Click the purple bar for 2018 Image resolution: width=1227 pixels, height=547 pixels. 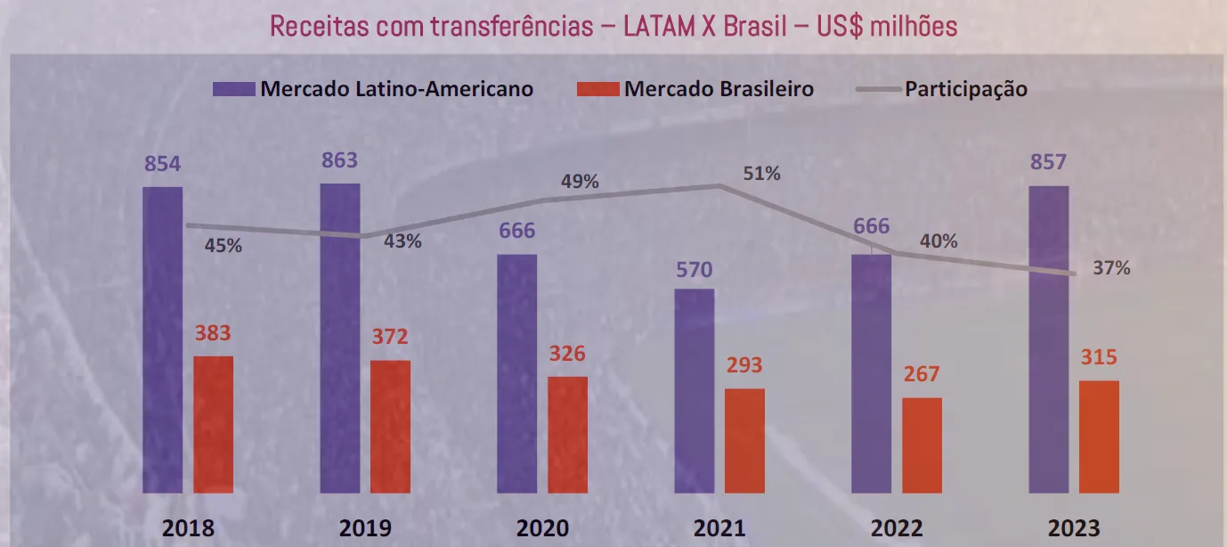162,339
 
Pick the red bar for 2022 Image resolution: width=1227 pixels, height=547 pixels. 922,445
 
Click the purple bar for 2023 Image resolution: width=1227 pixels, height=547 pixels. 1048,339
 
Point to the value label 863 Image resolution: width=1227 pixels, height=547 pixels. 339,160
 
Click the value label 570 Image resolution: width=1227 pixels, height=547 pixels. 694,269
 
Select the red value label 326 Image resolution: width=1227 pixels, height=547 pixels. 567,354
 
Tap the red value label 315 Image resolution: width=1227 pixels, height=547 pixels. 1099,357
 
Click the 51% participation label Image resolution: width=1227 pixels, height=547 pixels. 762,174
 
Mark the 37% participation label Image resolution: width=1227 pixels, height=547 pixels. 1112,267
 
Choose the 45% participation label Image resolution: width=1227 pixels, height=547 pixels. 223,246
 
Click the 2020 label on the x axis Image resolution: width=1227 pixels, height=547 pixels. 543,527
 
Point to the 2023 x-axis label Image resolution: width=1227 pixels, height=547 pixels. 1075,527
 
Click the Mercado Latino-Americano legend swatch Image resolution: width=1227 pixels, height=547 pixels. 233,89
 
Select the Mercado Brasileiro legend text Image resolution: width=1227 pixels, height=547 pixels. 719,89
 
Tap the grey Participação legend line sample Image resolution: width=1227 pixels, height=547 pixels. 876,89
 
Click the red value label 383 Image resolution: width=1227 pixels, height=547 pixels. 213,333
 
